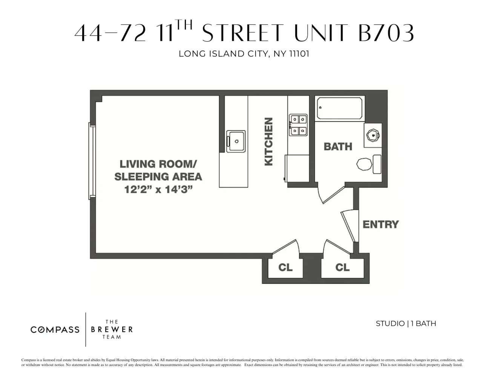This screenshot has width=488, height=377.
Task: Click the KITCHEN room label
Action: click(x=269, y=141)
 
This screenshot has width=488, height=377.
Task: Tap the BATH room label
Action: click(x=338, y=146)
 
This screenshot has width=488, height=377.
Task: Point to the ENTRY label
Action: click(x=380, y=224)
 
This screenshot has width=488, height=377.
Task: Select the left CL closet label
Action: click(x=285, y=267)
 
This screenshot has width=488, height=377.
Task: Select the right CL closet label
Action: click(x=342, y=267)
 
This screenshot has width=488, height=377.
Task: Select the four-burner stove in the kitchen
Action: click(x=298, y=125)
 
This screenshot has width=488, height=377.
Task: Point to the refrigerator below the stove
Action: click(x=298, y=168)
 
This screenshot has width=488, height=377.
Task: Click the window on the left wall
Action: click(x=91, y=160)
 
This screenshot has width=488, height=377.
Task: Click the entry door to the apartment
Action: click(x=349, y=226)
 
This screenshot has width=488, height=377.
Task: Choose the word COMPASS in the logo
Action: click(x=55, y=329)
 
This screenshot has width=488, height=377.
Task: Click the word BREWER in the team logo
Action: click(x=112, y=329)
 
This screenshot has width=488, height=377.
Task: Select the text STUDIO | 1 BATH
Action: click(x=406, y=323)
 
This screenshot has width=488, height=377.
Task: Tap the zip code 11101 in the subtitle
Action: click(x=299, y=54)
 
